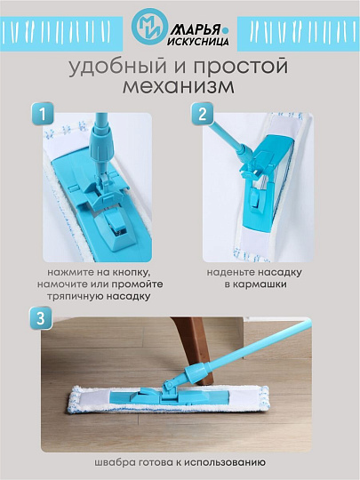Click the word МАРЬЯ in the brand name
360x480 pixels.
click(190, 20)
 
